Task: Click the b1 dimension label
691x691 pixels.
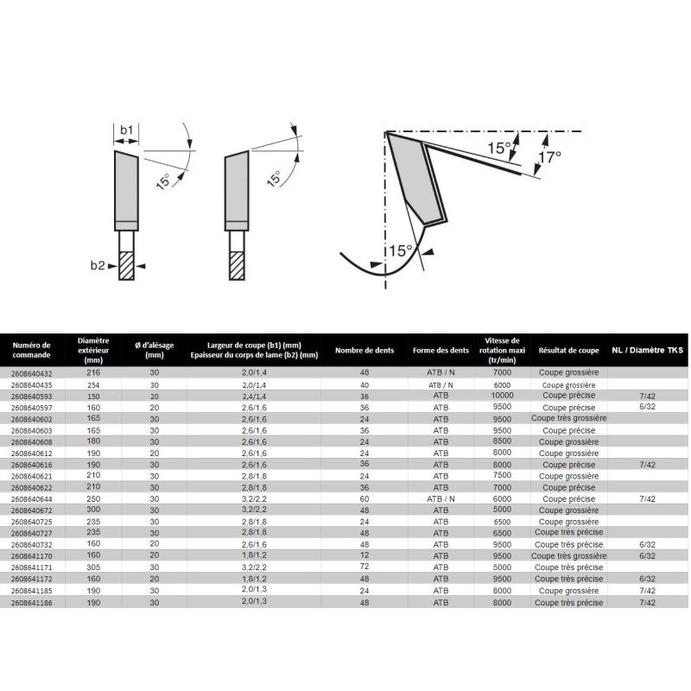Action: [x=126, y=130]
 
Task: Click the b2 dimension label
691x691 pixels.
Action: [x=98, y=266]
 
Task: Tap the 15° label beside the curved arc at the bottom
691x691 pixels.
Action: [x=398, y=250]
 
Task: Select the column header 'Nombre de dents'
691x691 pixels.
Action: [x=364, y=350]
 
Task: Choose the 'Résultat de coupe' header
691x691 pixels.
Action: [x=568, y=350]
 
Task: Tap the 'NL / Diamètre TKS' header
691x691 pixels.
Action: [x=646, y=350]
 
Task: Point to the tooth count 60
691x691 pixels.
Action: [x=364, y=498]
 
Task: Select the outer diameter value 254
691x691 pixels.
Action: [x=92, y=384]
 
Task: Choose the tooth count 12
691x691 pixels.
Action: [x=364, y=556]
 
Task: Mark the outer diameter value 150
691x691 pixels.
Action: [x=92, y=395]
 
